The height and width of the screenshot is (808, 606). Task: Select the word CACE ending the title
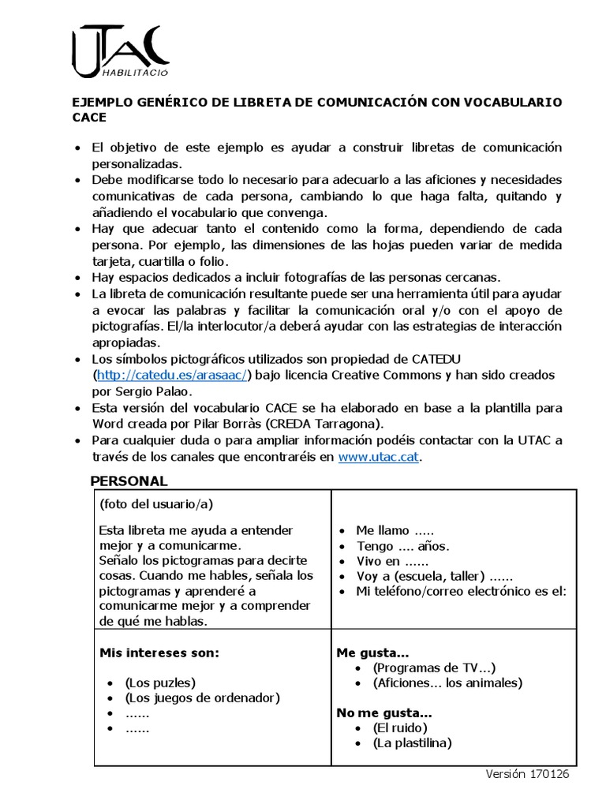pyautogui.click(x=88, y=118)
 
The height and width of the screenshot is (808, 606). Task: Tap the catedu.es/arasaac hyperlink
pyautogui.click(x=172, y=375)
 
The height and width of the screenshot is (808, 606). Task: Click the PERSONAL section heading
pyautogui.click(x=129, y=481)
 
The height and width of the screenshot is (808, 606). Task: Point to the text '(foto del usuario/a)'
pyautogui.click(x=156, y=503)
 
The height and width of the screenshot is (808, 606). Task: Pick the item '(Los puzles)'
pyautogui.click(x=160, y=683)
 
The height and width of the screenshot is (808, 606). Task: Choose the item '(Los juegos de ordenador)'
pyautogui.click(x=203, y=698)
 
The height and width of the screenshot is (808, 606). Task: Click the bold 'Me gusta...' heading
pyautogui.click(x=372, y=653)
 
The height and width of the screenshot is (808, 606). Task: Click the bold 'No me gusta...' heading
pyautogui.click(x=382, y=713)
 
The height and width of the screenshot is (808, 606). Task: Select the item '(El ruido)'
pyautogui.click(x=401, y=728)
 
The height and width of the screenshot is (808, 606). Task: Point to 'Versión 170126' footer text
pyautogui.click(x=526, y=774)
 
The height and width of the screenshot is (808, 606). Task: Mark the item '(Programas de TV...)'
pyautogui.click(x=434, y=668)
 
